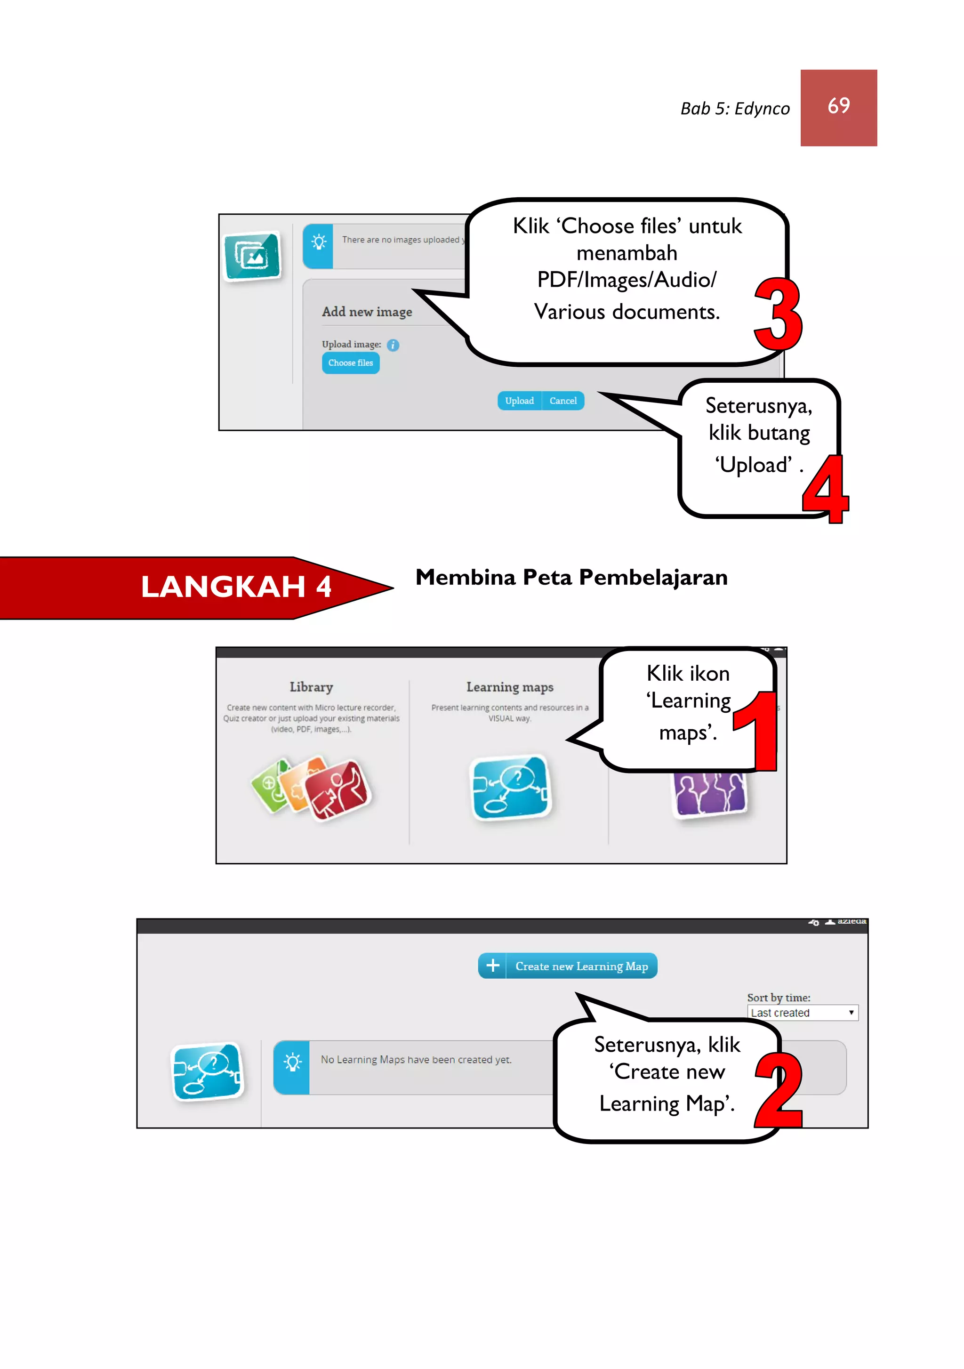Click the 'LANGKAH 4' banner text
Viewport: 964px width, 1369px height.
coord(236,587)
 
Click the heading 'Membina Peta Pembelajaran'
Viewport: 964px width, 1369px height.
coord(571,577)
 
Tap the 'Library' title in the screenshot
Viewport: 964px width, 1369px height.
coord(311,687)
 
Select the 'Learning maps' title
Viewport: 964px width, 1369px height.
coord(510,687)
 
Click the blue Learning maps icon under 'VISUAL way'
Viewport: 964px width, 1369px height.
coord(511,787)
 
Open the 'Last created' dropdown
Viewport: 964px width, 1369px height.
coord(802,1013)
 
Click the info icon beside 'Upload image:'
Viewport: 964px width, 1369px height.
coord(393,345)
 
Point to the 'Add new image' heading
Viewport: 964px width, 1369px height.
coord(367,312)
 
